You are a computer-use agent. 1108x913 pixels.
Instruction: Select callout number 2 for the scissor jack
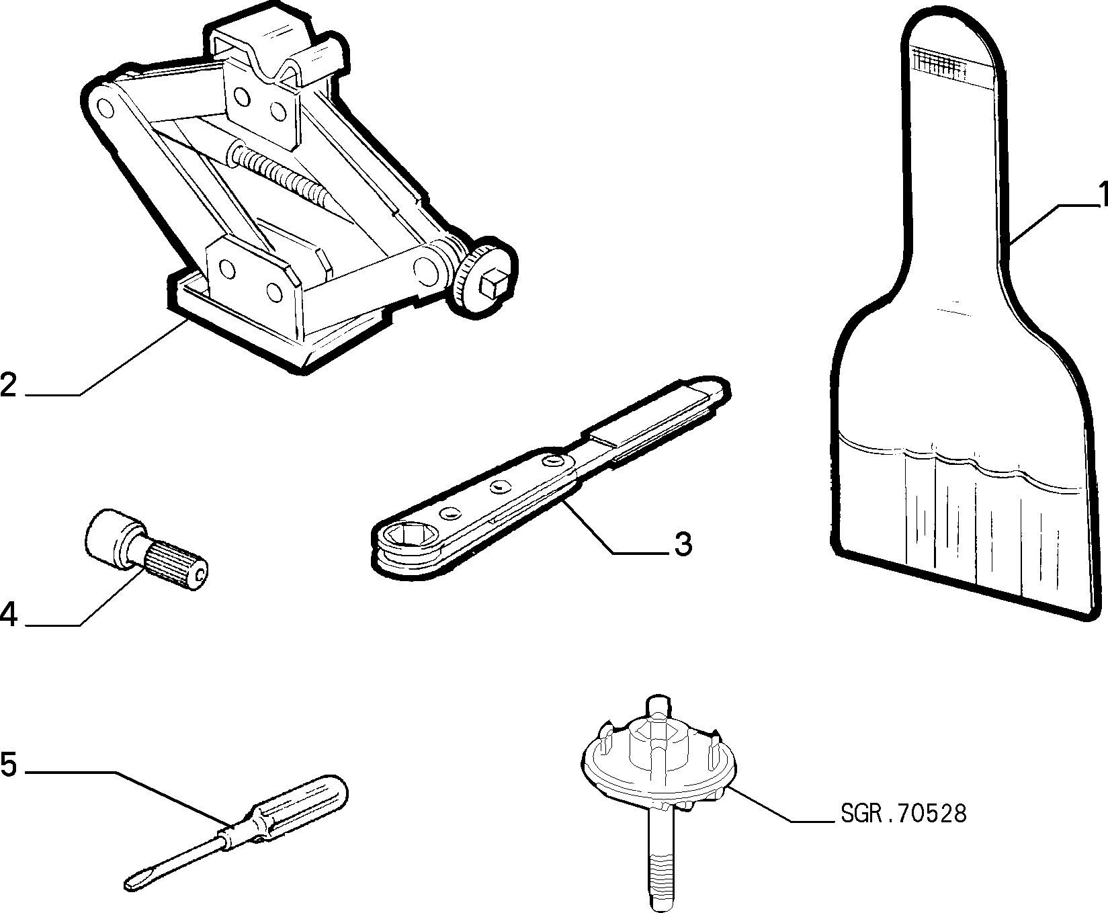coord(9,384)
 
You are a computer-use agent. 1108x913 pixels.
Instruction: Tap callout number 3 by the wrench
coord(682,544)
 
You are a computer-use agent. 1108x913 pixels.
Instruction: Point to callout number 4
coord(9,615)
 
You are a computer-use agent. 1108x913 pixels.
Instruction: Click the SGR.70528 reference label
coord(903,814)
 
